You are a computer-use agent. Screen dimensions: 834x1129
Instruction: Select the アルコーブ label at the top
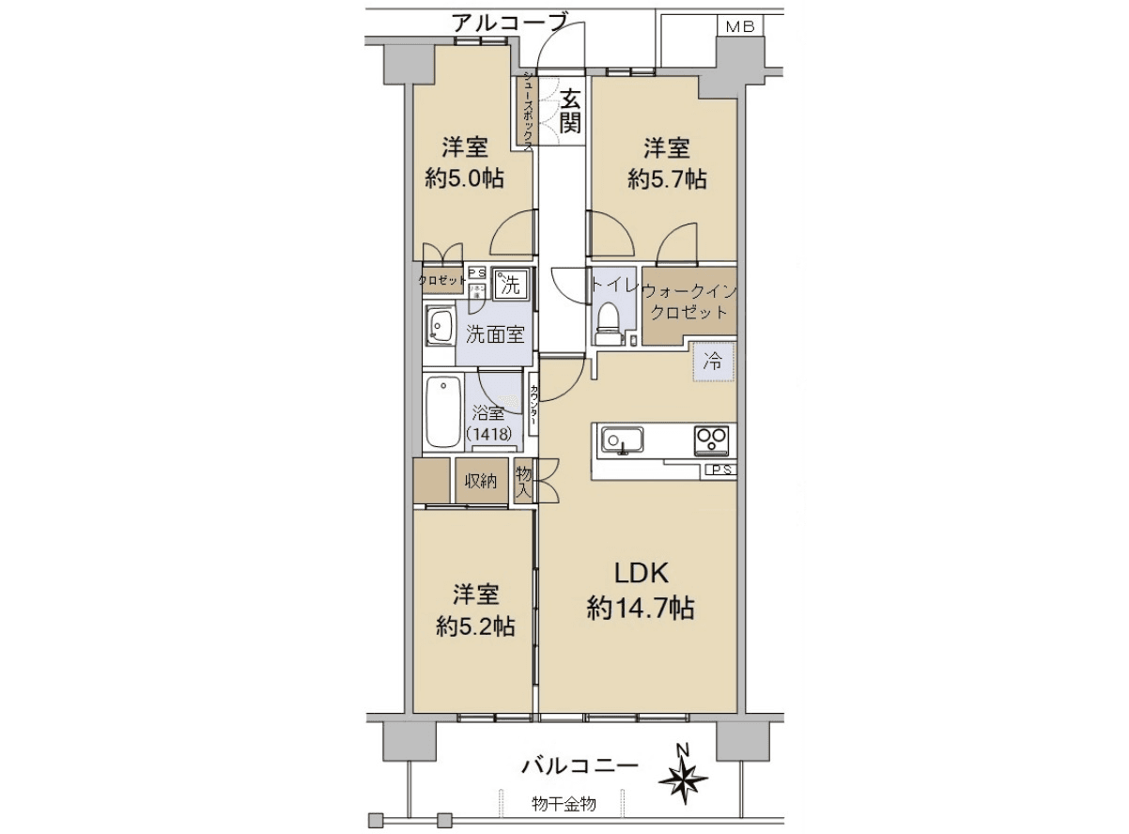pyautogui.click(x=509, y=21)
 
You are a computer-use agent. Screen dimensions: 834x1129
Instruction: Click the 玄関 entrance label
pyautogui.click(x=571, y=110)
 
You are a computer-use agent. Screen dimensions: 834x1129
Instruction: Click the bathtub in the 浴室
pyautogui.click(x=442, y=413)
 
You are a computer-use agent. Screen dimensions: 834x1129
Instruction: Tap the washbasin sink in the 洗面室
pyautogui.click(x=439, y=326)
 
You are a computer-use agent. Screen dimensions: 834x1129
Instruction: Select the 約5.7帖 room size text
pyautogui.click(x=667, y=179)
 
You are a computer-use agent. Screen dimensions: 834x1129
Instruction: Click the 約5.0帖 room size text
pyautogui.click(x=464, y=179)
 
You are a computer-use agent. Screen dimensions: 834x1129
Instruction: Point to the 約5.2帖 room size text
pyautogui.click(x=474, y=626)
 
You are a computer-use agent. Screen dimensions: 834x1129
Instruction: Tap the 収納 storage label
pyautogui.click(x=481, y=482)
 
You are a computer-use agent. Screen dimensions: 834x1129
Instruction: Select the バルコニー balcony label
pyautogui.click(x=580, y=766)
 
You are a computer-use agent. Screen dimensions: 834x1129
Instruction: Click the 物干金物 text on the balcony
pyautogui.click(x=563, y=805)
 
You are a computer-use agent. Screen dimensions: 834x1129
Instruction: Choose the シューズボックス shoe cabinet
pyautogui.click(x=528, y=110)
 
